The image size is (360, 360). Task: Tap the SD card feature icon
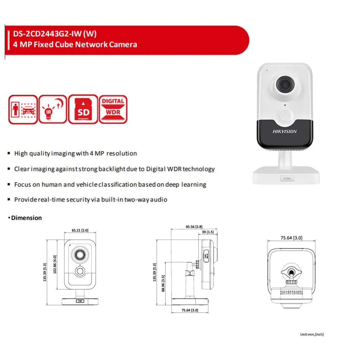(83, 109)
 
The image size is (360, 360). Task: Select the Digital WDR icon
(113, 109)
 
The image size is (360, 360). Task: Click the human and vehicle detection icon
(23, 109)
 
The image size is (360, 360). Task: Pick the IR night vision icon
(53, 109)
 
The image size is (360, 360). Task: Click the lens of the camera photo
(284, 84)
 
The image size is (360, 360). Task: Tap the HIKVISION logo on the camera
(284, 131)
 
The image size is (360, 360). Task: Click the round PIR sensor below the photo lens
(285, 116)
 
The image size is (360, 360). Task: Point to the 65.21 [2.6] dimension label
(80, 230)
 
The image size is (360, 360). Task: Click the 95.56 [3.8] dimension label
(194, 227)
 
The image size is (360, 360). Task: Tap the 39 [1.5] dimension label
(208, 232)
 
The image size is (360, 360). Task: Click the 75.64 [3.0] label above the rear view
(291, 238)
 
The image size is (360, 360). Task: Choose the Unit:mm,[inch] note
(312, 334)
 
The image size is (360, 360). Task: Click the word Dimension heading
(26, 218)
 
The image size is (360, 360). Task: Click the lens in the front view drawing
(79, 255)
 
